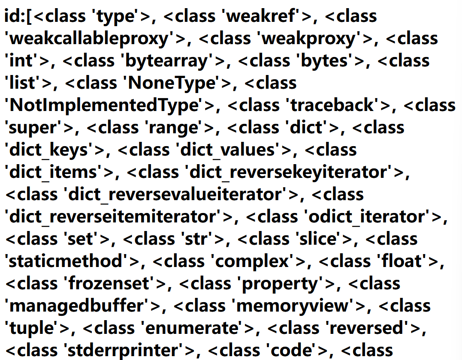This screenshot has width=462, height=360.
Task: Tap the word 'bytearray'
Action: click(168, 61)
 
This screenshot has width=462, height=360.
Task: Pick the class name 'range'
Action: click(180, 128)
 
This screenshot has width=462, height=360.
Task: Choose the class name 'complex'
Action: click(253, 261)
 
